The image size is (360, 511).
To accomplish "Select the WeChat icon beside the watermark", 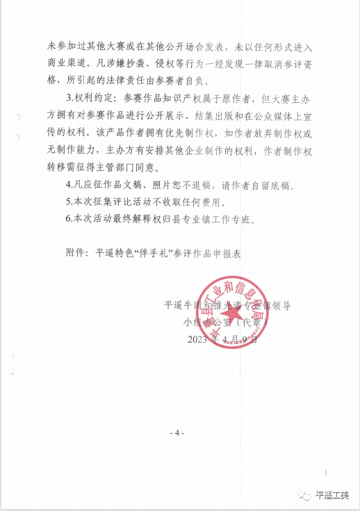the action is coord(303,494).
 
